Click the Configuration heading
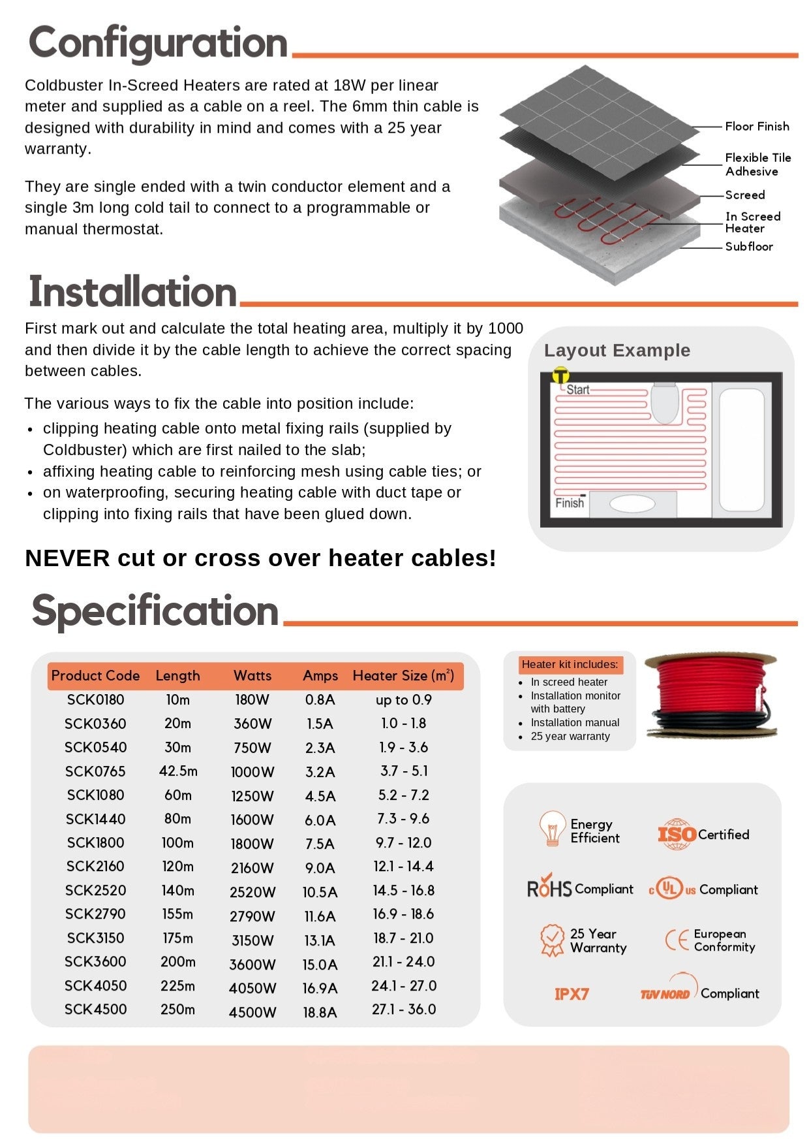(x=158, y=43)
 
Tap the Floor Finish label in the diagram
(x=757, y=126)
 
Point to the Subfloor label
(x=749, y=246)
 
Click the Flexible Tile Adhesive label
(x=757, y=165)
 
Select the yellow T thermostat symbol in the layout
(x=560, y=375)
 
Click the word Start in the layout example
(x=577, y=390)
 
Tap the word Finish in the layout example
(x=569, y=503)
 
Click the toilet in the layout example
(x=665, y=402)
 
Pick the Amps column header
(x=320, y=676)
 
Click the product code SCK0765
(x=95, y=771)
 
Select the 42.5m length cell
(x=178, y=771)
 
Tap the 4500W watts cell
(x=252, y=1012)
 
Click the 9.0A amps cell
(x=320, y=868)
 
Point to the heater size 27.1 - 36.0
(x=403, y=1010)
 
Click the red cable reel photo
(x=710, y=696)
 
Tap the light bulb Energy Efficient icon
(x=552, y=829)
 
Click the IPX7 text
(x=572, y=994)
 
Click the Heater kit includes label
(x=570, y=665)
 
